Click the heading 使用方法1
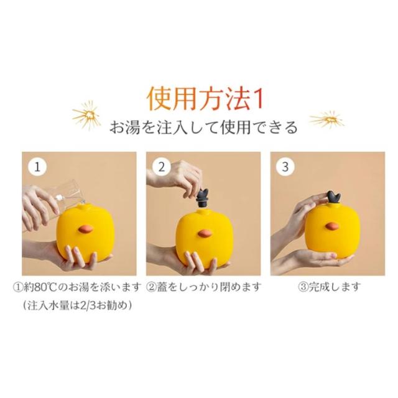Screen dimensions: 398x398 (x=205, y=98)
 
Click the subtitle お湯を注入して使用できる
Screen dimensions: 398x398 (x=203, y=127)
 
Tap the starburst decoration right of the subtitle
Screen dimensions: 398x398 (x=327, y=119)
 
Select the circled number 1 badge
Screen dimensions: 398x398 (x=37, y=167)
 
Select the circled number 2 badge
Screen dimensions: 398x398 (x=162, y=167)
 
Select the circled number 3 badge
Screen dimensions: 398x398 (x=285, y=167)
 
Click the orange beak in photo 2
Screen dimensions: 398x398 (x=205, y=233)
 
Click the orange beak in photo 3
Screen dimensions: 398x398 (x=331, y=226)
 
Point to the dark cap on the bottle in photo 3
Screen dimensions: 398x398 (x=334, y=198)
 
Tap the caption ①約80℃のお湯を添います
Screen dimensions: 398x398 (x=77, y=287)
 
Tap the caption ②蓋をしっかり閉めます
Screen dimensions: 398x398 (x=203, y=287)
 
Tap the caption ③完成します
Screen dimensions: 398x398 (x=329, y=287)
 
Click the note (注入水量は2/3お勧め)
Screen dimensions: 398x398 (x=77, y=305)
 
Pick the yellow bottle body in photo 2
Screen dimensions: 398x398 (x=205, y=238)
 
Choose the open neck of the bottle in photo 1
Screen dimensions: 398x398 (x=81, y=205)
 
